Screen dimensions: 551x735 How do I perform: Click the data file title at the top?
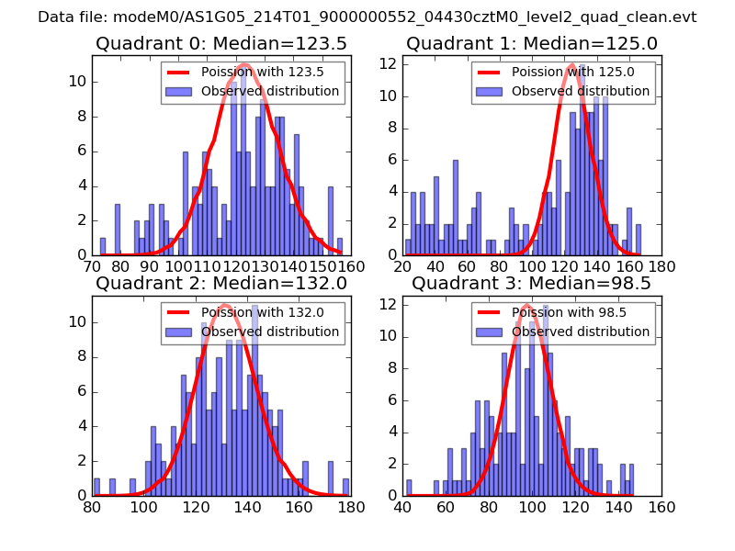367,17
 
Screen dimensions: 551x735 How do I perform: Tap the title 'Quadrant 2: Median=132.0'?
221,284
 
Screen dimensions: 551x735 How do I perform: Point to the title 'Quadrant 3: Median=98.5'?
531,284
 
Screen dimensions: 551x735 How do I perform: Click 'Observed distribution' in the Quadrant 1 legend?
581,91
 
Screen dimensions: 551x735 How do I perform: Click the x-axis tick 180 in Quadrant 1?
661,267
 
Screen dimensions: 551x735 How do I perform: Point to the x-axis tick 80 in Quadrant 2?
92,507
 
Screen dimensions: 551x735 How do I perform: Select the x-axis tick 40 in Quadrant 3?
402,507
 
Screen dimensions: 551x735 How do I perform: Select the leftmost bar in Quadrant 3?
409,488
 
